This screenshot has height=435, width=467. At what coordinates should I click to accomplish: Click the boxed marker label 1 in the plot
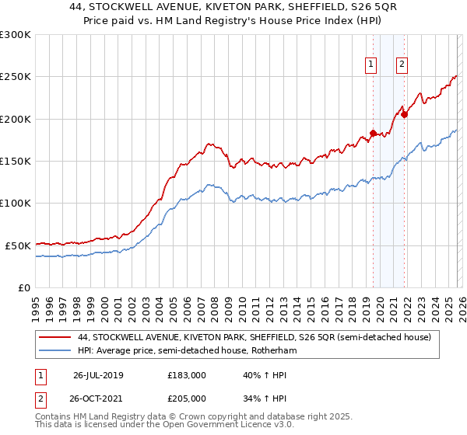(x=370, y=65)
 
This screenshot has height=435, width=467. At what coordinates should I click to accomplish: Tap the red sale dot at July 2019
(x=373, y=133)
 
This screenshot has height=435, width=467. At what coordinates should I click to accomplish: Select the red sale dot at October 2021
(x=404, y=115)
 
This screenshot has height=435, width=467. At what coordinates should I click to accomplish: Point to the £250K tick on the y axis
(x=16, y=77)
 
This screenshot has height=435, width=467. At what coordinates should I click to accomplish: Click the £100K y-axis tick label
(x=16, y=204)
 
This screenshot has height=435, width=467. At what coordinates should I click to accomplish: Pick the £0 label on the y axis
(x=23, y=287)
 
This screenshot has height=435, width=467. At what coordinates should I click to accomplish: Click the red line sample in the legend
(x=54, y=338)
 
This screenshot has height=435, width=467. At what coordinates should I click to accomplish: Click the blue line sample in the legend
(x=54, y=351)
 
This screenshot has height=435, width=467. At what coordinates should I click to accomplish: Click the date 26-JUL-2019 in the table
(x=98, y=375)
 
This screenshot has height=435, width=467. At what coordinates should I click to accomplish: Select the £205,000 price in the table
(x=187, y=398)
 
